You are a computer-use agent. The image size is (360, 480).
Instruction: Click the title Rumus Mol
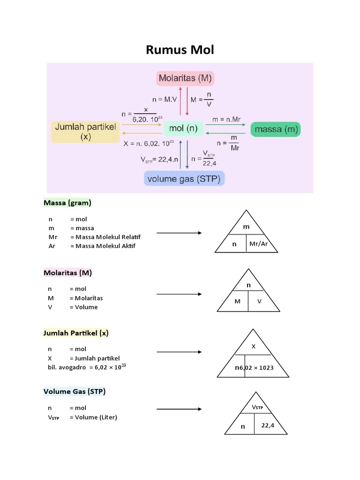pyautogui.click(x=180, y=50)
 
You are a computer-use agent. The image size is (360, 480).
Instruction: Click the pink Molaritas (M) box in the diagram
pyautogui.click(x=185, y=78)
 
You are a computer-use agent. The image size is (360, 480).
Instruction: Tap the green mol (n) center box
pyautogui.click(x=184, y=128)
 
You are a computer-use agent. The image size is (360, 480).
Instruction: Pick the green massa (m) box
pyautogui.click(x=275, y=129)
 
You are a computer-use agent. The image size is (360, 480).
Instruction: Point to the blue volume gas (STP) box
pyautogui.click(x=185, y=179)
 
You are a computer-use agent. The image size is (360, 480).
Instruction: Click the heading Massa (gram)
pyautogui.click(x=67, y=203)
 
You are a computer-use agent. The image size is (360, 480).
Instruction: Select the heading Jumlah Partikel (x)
pyautogui.click(x=76, y=333)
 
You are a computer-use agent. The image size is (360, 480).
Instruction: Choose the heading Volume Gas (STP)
pyautogui.click(x=74, y=391)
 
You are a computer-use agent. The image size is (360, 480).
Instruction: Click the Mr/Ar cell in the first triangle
pyautogui.click(x=259, y=244)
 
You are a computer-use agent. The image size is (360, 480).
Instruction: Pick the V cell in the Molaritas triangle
pyautogui.click(x=259, y=301)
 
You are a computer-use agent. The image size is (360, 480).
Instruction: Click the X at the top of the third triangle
pyautogui.click(x=253, y=346)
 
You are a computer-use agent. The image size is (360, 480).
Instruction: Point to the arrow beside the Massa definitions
pyautogui.click(x=179, y=233)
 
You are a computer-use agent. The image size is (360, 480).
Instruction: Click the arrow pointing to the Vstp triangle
pyautogui.click(x=179, y=409)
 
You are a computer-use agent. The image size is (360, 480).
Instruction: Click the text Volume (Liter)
pyautogui.click(x=93, y=417)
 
